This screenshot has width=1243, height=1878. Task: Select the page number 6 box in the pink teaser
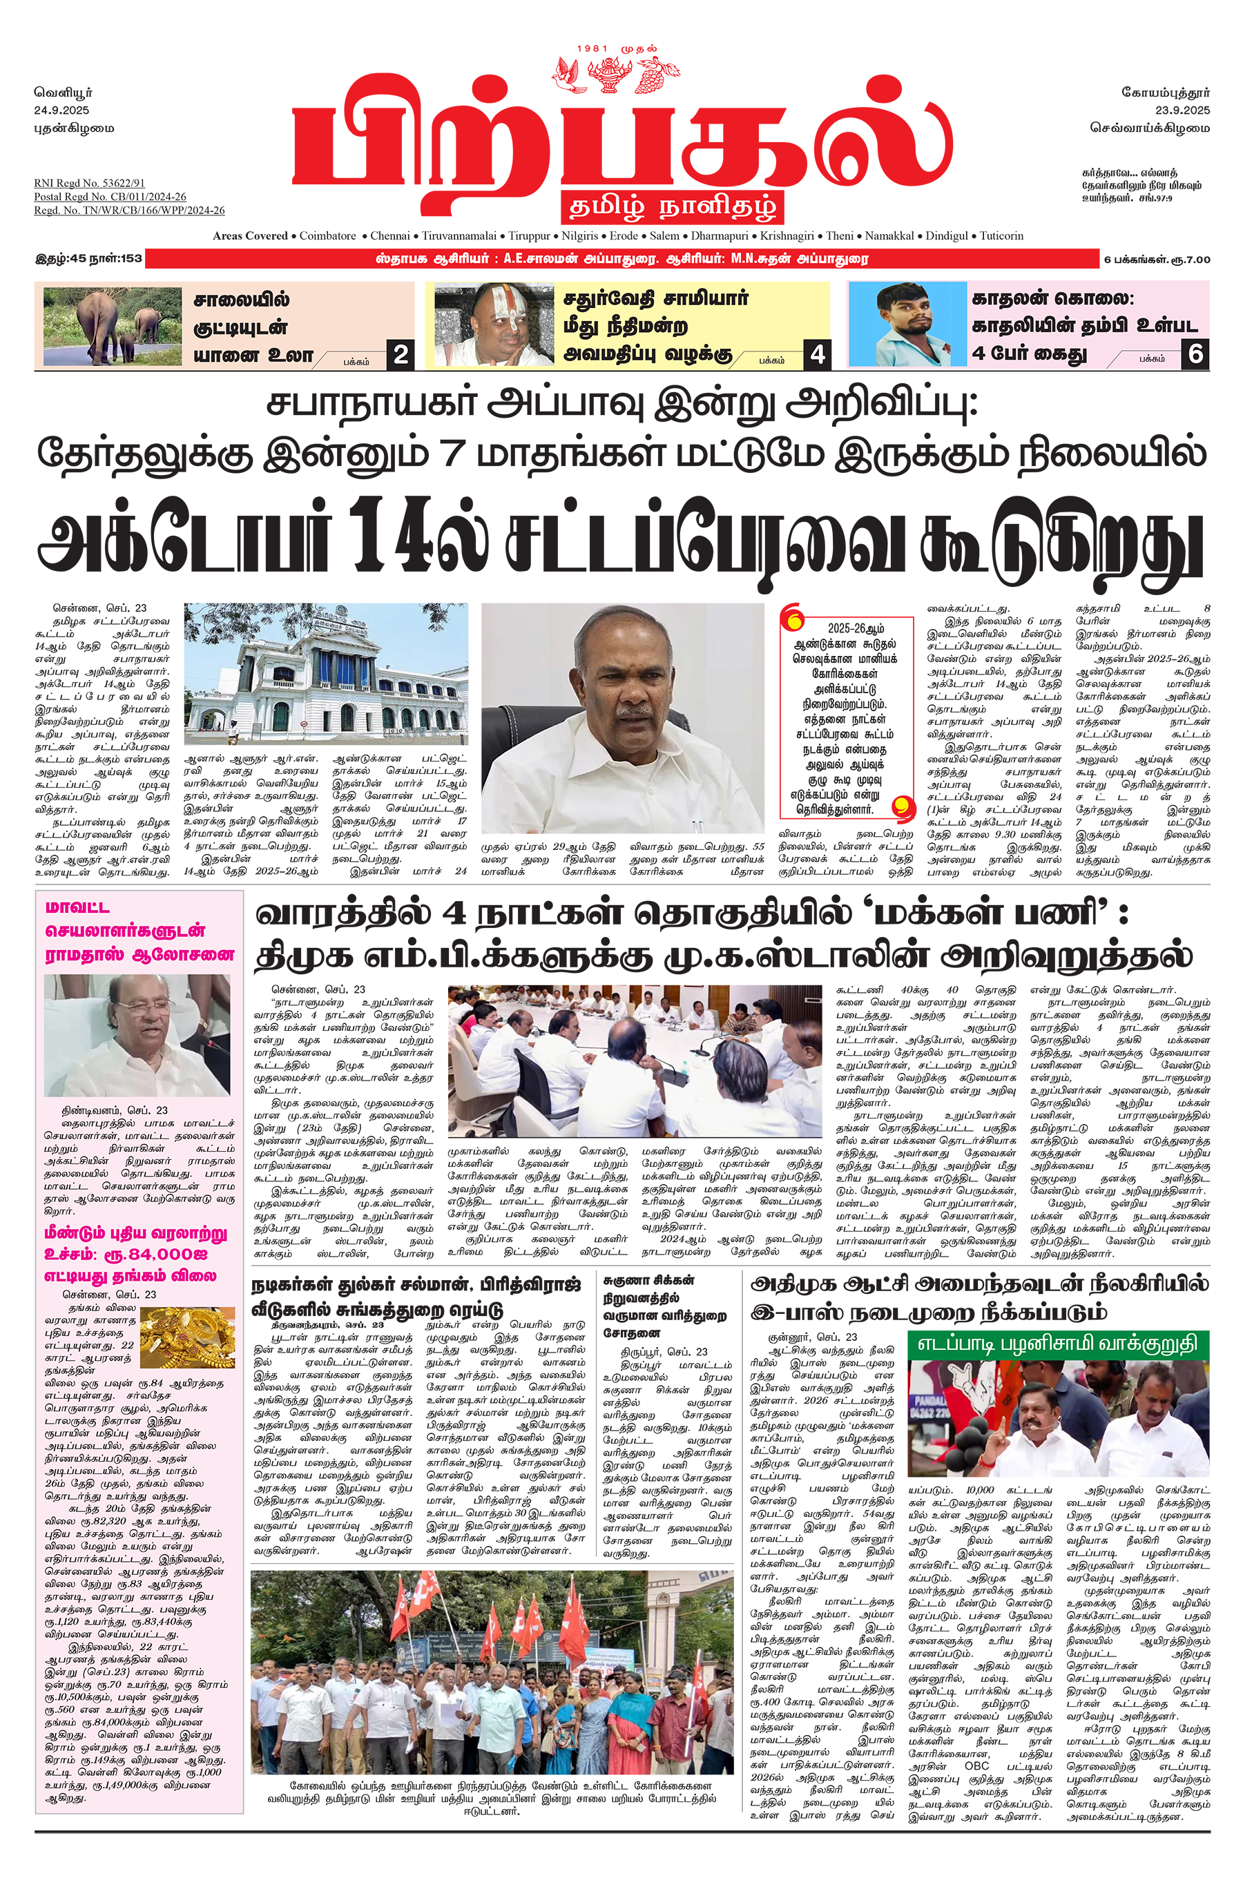point(1195,354)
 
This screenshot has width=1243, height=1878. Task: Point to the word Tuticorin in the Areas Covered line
point(1001,236)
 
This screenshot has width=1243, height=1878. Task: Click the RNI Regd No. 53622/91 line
point(90,183)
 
